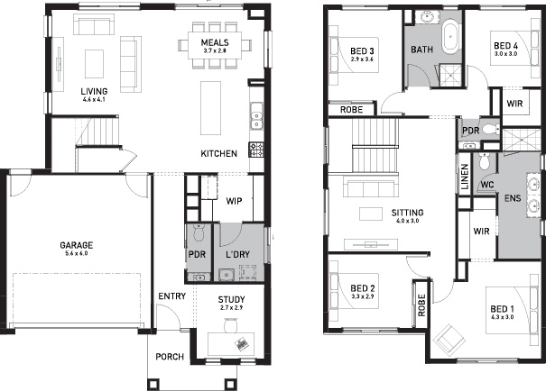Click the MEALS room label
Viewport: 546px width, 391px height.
215,42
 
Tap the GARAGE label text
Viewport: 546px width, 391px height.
77,245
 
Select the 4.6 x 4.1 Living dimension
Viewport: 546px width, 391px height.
94,99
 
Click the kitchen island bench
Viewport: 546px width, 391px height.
210,108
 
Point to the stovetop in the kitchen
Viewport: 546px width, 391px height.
256,150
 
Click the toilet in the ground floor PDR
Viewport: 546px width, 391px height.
199,232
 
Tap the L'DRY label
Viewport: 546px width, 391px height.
238,254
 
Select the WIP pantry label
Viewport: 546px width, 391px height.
234,201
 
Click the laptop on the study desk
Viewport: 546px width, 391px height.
242,343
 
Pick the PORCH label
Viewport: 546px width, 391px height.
170,357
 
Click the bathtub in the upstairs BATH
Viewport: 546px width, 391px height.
451,36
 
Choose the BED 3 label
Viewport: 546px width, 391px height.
362,51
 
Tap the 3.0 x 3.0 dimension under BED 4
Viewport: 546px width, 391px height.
506,54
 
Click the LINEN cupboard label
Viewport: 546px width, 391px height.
465,177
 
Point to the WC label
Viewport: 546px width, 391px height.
487,185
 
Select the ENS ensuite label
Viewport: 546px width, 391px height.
513,198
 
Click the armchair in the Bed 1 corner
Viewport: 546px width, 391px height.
449,338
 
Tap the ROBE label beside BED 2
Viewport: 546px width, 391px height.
421,305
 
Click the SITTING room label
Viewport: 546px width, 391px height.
407,213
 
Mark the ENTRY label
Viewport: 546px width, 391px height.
172,296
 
